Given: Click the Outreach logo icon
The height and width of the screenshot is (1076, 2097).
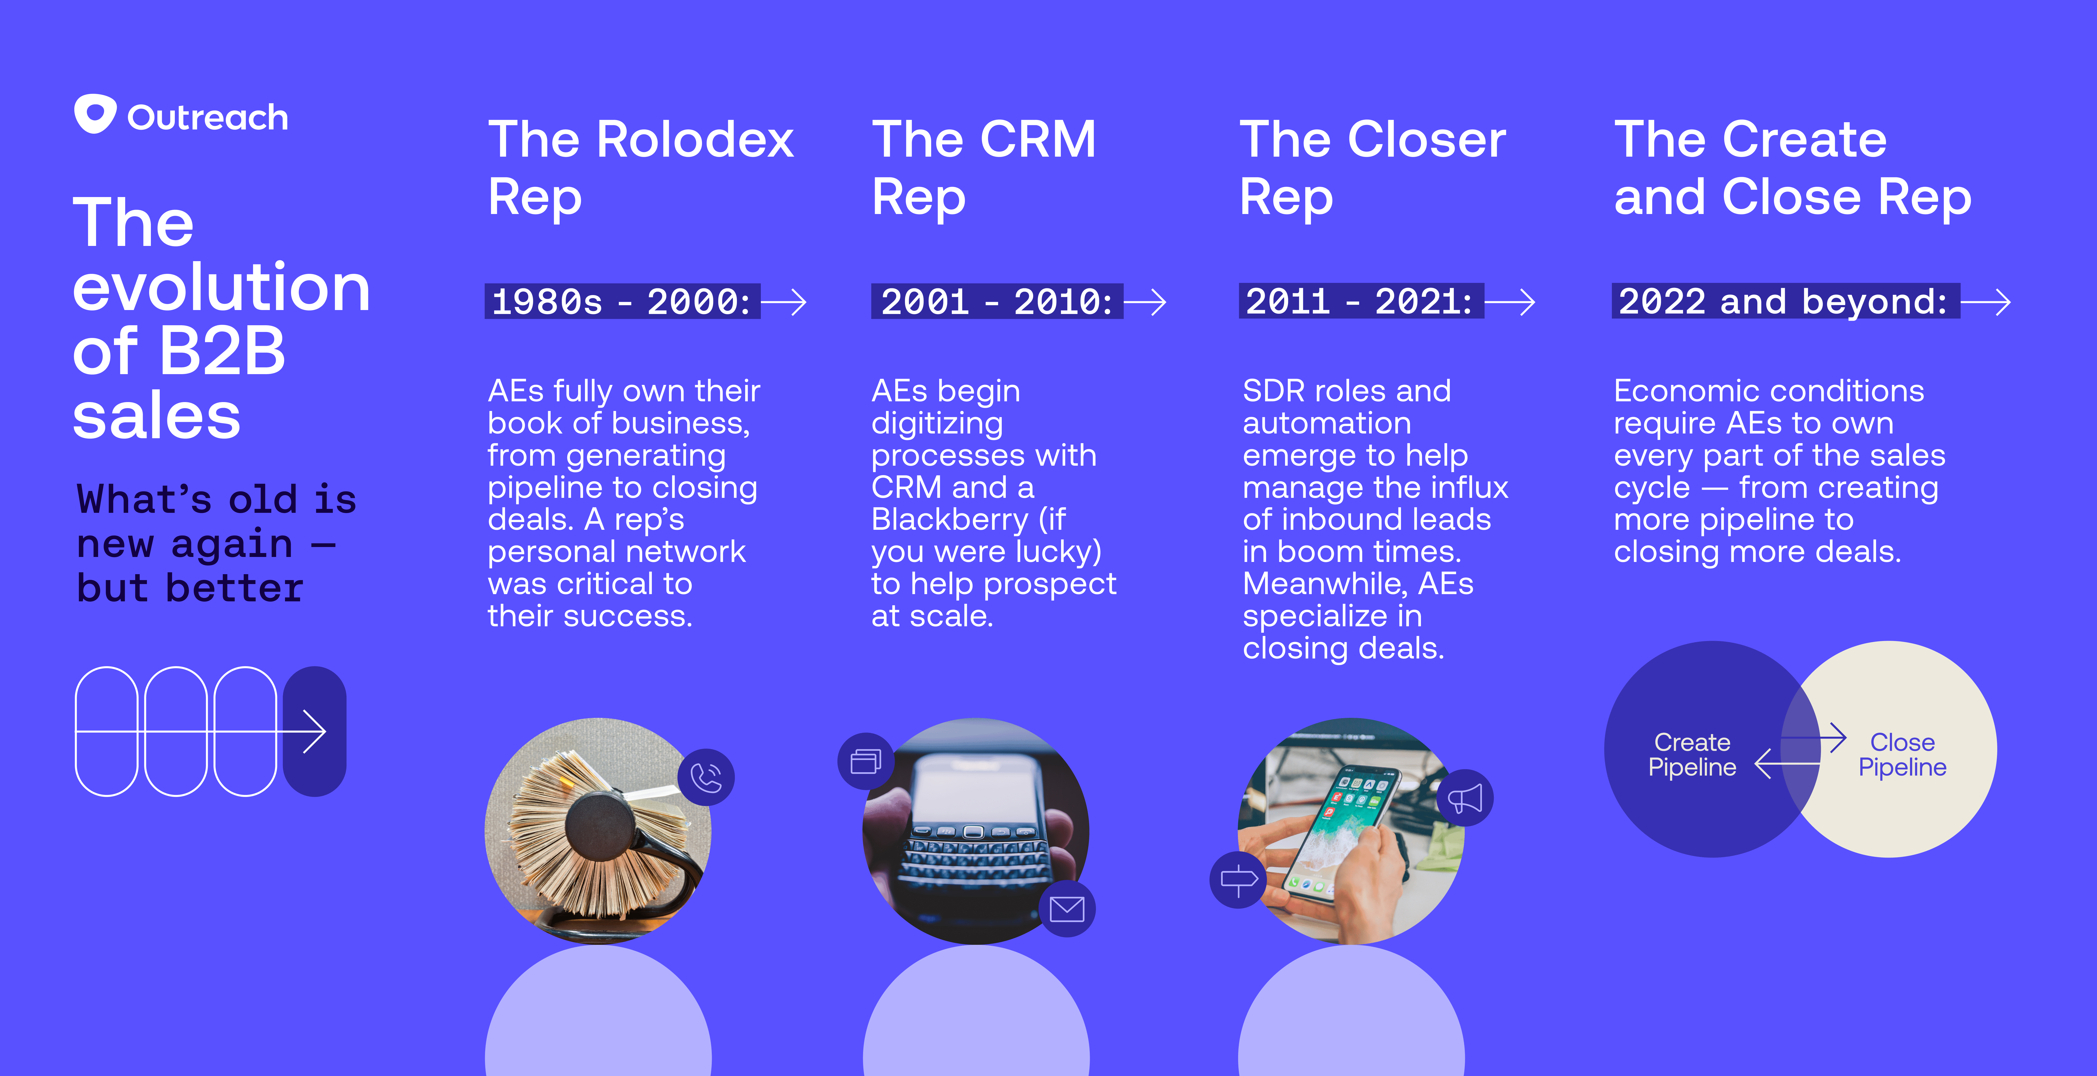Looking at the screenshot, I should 95,114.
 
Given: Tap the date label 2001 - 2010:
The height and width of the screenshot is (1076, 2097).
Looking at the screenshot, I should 997,302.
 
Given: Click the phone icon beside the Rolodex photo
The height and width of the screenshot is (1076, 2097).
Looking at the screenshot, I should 706,777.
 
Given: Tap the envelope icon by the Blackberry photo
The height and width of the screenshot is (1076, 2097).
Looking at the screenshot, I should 1066,908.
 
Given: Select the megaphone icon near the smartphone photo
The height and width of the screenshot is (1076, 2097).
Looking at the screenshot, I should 1465,798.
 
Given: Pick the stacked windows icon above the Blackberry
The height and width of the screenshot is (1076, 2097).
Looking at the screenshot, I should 865,761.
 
